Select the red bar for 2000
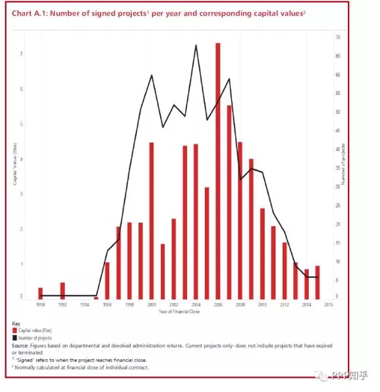click(x=151, y=220)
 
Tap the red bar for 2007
click(x=229, y=202)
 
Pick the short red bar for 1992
click(x=62, y=291)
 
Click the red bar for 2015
click(x=318, y=283)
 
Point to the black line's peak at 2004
click(x=196, y=45)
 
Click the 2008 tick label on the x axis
click(x=240, y=305)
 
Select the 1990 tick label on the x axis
click(x=40, y=305)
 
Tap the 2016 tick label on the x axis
click(x=328, y=305)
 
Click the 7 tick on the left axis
click(x=21, y=54)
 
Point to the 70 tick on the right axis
click(x=337, y=37)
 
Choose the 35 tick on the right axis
click(x=337, y=169)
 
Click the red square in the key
click(x=15, y=331)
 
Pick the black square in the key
click(x=15, y=338)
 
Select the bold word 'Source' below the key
click(x=21, y=345)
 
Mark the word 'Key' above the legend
click(x=16, y=324)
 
